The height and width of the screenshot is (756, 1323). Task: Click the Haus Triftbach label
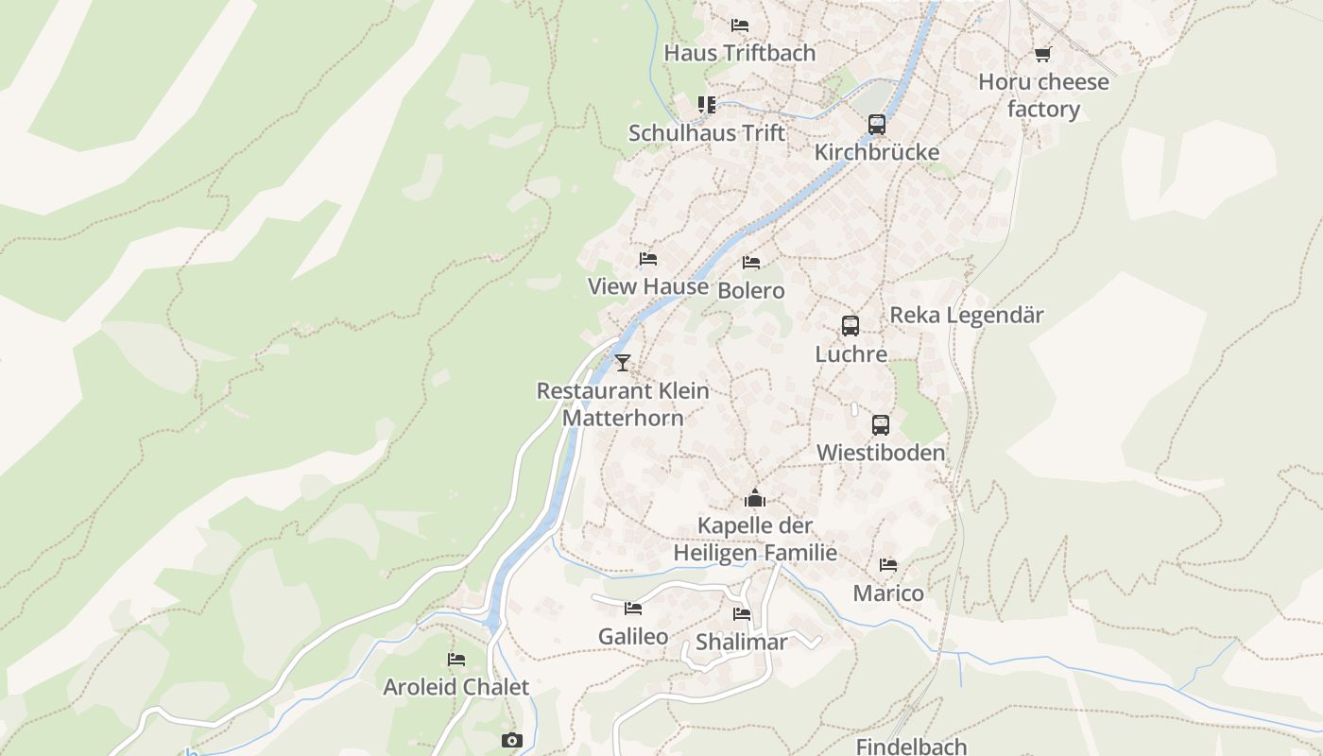coord(739,53)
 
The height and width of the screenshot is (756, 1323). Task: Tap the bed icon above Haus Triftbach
coord(740,25)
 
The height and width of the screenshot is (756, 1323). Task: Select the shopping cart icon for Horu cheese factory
coord(1042,54)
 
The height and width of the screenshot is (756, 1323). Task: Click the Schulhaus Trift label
coord(707,133)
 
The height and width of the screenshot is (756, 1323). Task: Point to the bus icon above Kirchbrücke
coord(877,124)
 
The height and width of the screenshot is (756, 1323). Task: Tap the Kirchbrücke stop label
coord(877,152)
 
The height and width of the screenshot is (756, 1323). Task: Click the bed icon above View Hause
coord(648,258)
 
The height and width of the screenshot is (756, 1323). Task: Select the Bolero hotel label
coord(751,290)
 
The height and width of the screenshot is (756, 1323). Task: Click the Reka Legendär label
coord(967,315)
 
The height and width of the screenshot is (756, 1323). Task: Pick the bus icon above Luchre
coord(850,326)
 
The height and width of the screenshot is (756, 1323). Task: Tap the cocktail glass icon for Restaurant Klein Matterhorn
coord(622,362)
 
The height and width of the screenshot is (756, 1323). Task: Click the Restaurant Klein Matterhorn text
coord(623,404)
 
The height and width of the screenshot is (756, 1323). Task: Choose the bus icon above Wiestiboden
coord(881,424)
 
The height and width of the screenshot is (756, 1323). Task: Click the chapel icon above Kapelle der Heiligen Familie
coord(754,497)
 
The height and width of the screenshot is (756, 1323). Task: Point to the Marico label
coord(888,593)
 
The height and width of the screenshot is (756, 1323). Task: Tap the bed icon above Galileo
coord(633,609)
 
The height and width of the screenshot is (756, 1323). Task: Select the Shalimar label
coord(742,643)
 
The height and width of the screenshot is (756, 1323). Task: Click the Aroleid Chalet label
coord(456,687)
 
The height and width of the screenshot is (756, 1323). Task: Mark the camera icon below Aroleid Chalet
coord(511,740)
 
